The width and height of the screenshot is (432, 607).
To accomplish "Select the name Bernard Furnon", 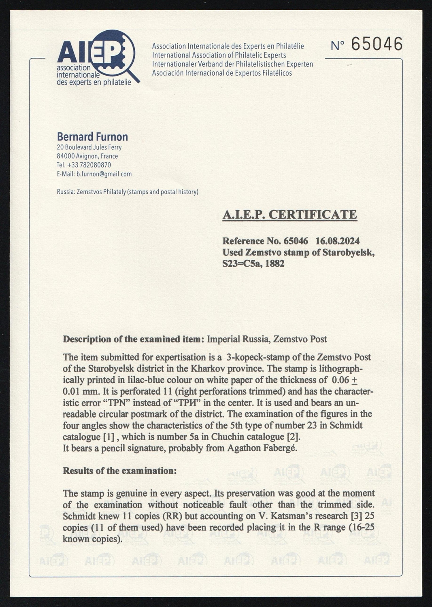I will [x=92, y=137].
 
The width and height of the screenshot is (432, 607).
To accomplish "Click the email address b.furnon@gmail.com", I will [x=104, y=174].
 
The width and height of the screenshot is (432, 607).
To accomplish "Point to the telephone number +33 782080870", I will [x=89, y=165].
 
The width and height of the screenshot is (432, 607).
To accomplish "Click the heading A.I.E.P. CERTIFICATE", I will [x=289, y=214].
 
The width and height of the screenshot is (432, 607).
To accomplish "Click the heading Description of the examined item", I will [x=133, y=339].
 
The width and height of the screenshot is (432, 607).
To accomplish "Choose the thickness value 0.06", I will [x=340, y=380].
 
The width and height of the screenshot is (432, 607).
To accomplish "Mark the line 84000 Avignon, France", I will [x=87, y=156].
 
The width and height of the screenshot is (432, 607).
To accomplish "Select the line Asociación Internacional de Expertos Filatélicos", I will [x=222, y=73].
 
